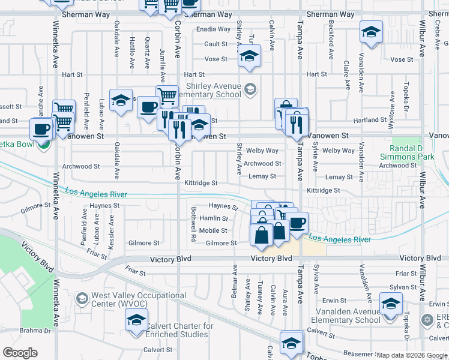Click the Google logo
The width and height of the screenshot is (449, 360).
point(20,353)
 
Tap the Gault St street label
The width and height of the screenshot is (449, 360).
point(215,44)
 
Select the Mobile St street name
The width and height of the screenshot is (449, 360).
point(213,230)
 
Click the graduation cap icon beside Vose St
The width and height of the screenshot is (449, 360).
point(249,56)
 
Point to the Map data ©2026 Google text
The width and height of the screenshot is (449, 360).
point(412,355)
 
